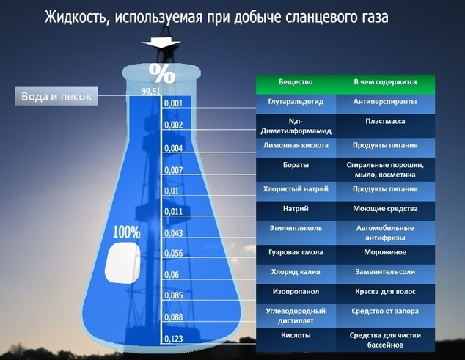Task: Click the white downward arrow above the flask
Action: click(x=161, y=43)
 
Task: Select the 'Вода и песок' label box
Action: click(x=56, y=96)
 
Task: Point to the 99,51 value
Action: click(x=150, y=92)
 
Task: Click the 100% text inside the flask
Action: click(x=126, y=232)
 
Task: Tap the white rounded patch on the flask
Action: click(x=122, y=262)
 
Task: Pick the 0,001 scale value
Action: click(x=174, y=103)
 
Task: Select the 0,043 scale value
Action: click(x=174, y=233)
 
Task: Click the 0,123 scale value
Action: click(x=174, y=339)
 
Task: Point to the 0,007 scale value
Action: click(x=174, y=170)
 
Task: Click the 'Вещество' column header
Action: click(x=296, y=82)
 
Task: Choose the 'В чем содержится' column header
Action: click(x=385, y=82)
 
